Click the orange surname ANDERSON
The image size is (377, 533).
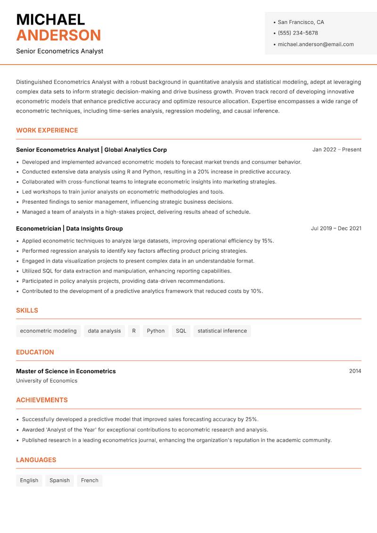click(58, 35)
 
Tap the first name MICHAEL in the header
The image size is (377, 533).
click(50, 19)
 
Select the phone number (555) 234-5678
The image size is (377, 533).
click(297, 33)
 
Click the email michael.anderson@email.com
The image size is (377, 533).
click(315, 44)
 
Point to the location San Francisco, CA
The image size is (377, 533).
click(301, 22)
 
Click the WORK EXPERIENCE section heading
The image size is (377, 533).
click(47, 131)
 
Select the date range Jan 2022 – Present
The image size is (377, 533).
click(336, 150)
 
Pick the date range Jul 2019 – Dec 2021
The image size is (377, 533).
click(336, 228)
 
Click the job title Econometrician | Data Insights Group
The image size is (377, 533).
click(69, 229)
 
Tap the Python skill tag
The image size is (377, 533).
click(156, 331)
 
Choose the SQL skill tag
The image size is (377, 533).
click(181, 331)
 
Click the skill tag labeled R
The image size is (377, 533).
click(134, 331)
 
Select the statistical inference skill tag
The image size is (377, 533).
click(222, 331)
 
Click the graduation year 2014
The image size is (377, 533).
click(355, 371)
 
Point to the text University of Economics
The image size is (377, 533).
click(47, 381)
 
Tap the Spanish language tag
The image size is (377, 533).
click(59, 481)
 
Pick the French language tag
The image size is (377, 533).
click(90, 481)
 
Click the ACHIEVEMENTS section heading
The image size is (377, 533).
click(42, 400)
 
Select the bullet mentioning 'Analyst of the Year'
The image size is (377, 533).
click(145, 430)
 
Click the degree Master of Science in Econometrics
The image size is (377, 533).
click(66, 371)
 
